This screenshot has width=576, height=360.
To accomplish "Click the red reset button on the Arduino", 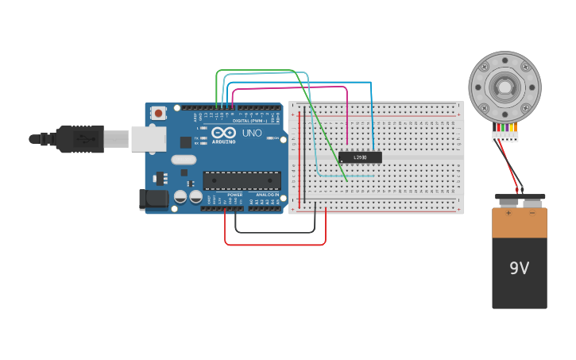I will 159,113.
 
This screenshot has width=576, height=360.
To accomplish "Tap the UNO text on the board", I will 252,133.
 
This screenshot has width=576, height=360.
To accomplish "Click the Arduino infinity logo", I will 223,132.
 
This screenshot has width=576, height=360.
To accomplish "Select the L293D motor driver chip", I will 360,157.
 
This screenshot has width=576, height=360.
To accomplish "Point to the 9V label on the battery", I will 519,269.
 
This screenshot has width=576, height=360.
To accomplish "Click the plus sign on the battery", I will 508,213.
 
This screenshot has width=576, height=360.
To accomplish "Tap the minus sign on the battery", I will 532,213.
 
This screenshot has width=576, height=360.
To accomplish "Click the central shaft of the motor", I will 504,86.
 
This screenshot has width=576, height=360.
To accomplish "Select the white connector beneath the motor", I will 504,136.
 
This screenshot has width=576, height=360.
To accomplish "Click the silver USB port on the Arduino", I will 148,138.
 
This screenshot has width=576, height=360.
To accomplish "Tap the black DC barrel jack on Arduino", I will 154,199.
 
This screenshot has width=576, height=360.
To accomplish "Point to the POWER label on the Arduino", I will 235,194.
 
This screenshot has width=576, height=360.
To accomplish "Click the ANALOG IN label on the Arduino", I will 267,194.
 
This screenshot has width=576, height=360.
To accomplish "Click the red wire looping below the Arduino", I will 274,244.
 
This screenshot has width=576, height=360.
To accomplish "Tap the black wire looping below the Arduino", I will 274,232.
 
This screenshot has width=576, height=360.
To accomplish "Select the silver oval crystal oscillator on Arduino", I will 183,159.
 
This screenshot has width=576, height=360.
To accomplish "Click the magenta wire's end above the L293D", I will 347,145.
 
